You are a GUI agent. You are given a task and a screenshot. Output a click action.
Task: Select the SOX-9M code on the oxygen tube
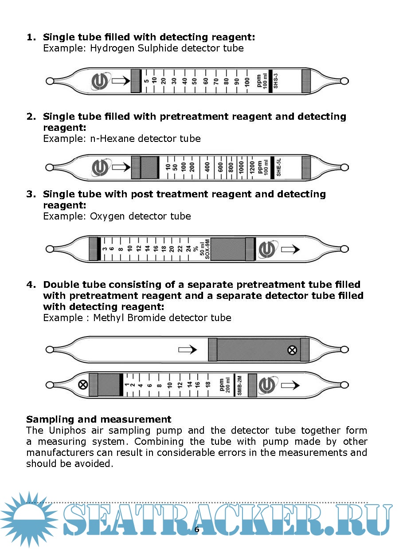pyautogui.click(x=207, y=249)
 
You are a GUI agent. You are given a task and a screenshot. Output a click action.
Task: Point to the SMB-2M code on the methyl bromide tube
pyautogui.click(x=239, y=384)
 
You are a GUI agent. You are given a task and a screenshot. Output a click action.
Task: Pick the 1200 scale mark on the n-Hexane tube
pyautogui.click(x=252, y=168)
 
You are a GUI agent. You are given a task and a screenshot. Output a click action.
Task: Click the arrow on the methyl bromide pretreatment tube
pyautogui.click(x=188, y=350)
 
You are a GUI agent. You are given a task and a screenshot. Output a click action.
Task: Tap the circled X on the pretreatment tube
pyautogui.click(x=292, y=350)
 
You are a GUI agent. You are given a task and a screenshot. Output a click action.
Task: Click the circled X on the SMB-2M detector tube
pyautogui.click(x=82, y=384)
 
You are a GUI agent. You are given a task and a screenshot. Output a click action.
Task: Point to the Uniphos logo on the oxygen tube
pyautogui.click(x=268, y=249)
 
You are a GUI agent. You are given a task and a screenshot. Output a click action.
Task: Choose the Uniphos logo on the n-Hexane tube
pyautogui.click(x=100, y=168)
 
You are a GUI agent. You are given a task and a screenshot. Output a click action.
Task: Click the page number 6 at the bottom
pyautogui.click(x=197, y=529)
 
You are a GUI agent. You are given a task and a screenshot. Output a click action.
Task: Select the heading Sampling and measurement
pyautogui.click(x=99, y=419)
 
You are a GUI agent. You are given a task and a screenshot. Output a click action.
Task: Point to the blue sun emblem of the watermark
pyautogui.click(x=29, y=519)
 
